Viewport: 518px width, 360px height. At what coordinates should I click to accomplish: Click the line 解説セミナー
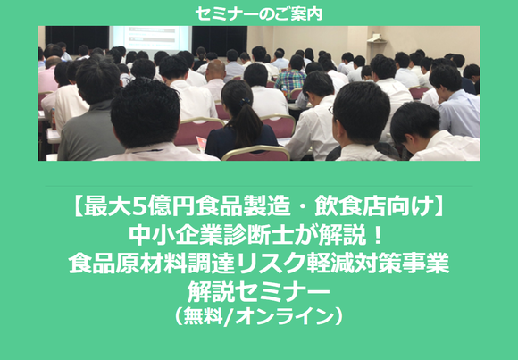[258, 291]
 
